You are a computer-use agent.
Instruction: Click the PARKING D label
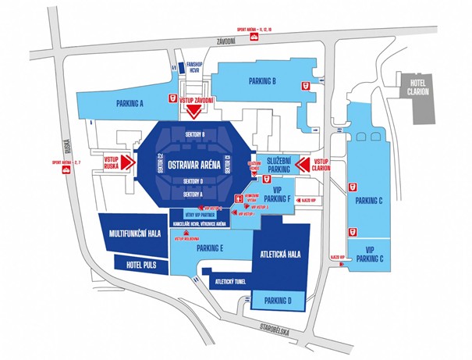click(x=277, y=300)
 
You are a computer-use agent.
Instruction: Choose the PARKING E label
click(x=211, y=248)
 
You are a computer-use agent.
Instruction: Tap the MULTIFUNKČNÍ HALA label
click(x=134, y=233)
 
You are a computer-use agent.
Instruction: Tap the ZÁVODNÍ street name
click(x=226, y=41)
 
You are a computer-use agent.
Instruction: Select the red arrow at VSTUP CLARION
click(x=303, y=164)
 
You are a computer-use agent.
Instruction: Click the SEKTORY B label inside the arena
click(x=195, y=135)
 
